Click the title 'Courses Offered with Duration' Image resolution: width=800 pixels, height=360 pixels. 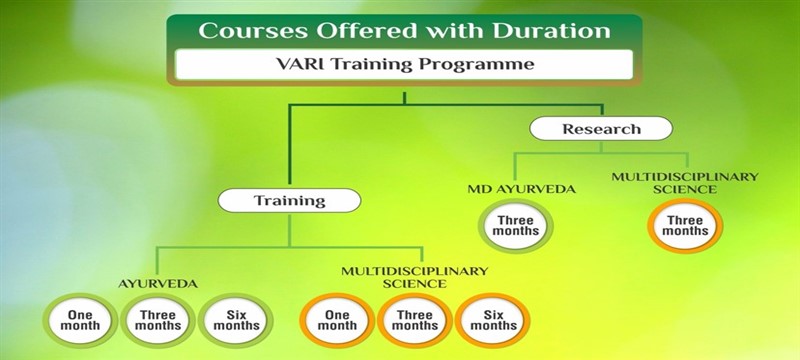(403, 29)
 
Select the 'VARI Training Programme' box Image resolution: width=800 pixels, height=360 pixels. (403, 65)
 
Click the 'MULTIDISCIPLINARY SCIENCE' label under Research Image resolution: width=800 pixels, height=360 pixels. (685, 182)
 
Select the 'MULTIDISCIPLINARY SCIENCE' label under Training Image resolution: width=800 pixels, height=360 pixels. (414, 277)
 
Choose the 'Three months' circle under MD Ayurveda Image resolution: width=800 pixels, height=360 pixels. (516, 225)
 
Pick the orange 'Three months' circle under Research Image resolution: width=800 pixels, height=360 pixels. (685, 225)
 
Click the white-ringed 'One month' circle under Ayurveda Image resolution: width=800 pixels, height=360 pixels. (81, 320)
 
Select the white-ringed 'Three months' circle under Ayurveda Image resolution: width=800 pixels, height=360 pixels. (157, 320)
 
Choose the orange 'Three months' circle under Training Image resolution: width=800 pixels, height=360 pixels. (414, 320)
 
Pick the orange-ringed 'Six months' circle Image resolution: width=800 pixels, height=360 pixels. (492, 320)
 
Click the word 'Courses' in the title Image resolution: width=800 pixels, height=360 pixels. (242, 29)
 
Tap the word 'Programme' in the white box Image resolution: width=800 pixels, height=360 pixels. (477, 65)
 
